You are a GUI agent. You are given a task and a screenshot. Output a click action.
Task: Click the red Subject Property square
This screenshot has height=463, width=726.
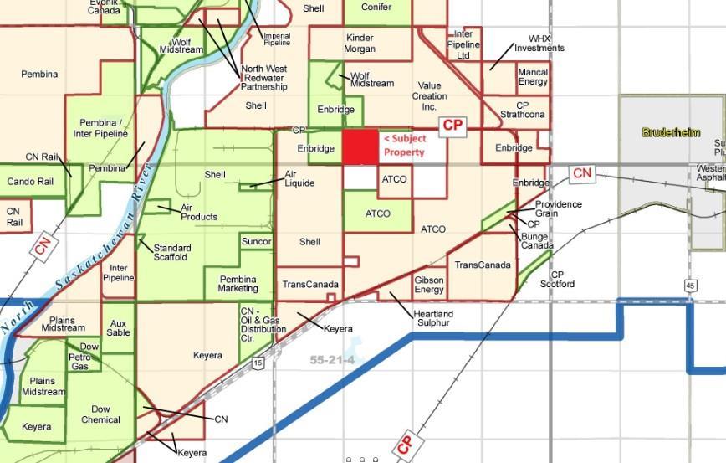360,147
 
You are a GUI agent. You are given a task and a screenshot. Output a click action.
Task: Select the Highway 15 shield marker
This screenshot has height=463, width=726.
258,363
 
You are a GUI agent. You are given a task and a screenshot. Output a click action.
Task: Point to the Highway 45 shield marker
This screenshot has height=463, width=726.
690,286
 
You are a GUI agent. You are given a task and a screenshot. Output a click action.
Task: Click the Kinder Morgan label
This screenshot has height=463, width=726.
360,44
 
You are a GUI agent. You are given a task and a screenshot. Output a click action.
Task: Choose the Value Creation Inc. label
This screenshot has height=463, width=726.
429,96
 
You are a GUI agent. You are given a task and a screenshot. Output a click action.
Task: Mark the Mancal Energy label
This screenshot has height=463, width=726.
533,77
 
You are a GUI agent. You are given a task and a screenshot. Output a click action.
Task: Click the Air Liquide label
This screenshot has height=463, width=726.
300,178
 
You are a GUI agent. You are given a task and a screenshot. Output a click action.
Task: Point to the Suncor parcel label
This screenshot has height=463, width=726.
256,242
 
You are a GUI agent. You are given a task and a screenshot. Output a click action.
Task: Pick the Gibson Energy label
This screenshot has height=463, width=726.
429,285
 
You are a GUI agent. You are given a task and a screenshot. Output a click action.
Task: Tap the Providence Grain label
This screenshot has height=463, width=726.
558,208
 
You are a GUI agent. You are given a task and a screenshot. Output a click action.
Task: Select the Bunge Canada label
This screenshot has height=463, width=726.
536,241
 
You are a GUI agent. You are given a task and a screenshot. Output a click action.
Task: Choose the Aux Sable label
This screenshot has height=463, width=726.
119,327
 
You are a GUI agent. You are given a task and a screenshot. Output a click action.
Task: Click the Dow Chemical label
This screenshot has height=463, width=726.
100,414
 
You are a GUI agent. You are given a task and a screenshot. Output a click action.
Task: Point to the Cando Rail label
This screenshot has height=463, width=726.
30,182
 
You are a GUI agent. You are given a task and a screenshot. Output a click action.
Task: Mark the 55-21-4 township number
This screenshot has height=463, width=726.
332,360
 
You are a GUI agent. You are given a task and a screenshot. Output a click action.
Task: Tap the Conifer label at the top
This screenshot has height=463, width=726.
376,7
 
